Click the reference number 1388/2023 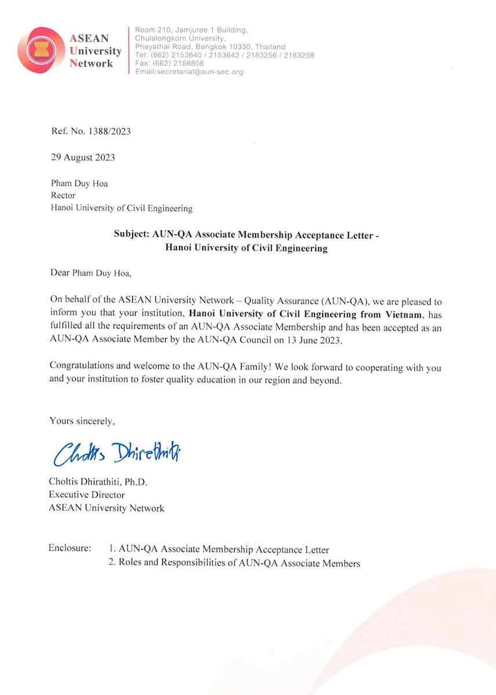[108, 131]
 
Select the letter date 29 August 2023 [83, 158]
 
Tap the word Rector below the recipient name [63, 196]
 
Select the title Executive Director [86, 495]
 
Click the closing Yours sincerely [82, 421]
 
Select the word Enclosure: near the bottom [70, 548]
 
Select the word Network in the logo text [91, 63]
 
